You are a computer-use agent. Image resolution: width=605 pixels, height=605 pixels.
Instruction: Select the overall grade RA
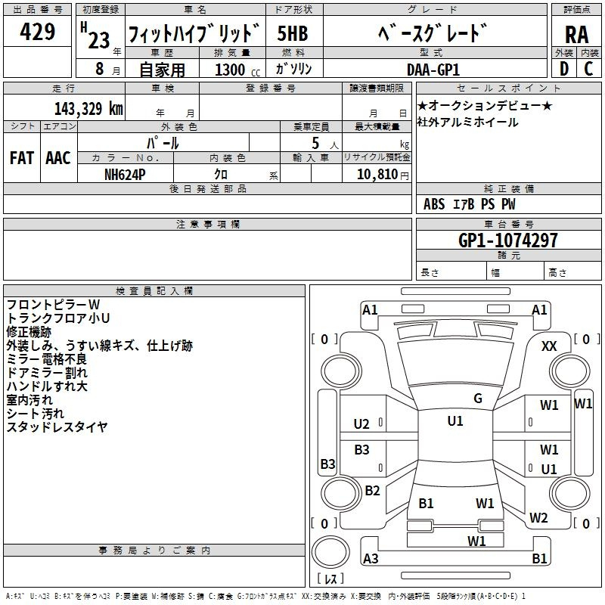point(576,34)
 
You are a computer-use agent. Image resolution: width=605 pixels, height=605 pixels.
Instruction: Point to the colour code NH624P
point(126,173)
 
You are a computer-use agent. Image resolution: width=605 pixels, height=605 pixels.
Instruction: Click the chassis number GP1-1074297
point(508,240)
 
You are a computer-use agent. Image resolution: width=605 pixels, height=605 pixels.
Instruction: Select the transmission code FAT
point(21,157)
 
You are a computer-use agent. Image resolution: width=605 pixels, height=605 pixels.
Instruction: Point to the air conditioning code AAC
point(58,157)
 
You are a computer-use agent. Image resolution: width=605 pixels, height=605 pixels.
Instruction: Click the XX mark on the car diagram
point(550,346)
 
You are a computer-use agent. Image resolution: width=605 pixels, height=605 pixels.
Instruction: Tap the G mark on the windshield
point(478,399)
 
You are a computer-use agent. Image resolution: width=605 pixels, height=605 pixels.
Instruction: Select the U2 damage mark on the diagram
point(362,424)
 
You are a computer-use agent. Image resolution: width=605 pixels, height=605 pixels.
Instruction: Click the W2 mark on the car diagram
point(538,518)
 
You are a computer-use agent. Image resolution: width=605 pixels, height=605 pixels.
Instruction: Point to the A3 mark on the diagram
point(371,559)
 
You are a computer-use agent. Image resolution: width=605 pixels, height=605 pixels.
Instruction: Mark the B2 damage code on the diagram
point(372,491)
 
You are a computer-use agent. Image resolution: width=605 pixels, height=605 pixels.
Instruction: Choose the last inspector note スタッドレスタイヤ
point(57,427)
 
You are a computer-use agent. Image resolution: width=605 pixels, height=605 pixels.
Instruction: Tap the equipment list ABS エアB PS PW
point(470,204)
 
